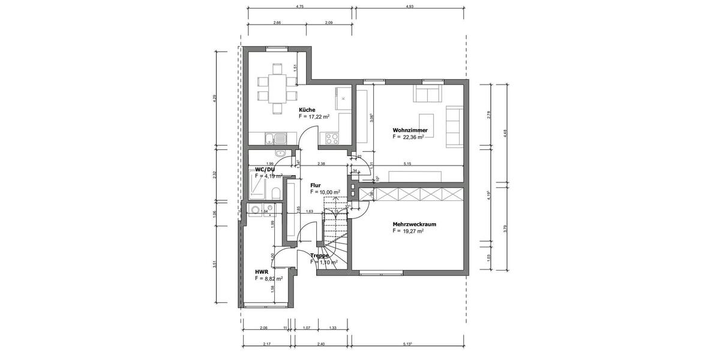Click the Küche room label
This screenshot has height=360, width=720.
coord(307,110)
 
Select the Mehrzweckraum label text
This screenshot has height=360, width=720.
coord(415,224)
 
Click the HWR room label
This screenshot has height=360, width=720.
coord(261,271)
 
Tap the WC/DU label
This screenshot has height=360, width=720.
coord(265,169)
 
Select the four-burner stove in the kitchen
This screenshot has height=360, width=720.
coord(332,138)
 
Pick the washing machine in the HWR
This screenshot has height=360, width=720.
coord(256,209)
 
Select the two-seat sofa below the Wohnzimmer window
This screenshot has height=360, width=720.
coord(427,95)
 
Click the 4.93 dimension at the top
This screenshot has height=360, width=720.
coord(409,6)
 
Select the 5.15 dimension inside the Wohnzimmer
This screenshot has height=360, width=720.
coord(407,163)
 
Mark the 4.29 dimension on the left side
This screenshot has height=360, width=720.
coord(214,99)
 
